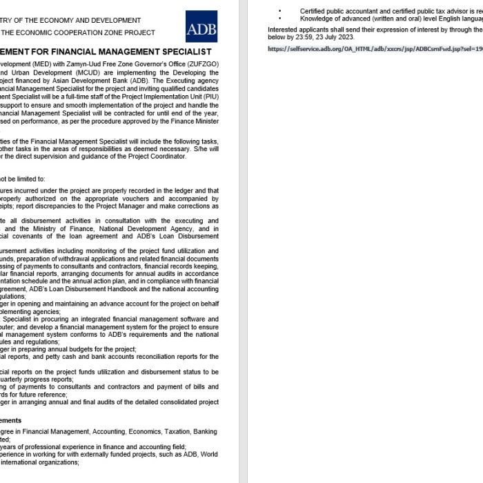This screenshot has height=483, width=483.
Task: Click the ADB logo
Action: click(x=201, y=26)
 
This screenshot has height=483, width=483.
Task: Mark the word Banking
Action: click(x=206, y=431)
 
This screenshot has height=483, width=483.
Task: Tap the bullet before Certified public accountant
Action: click(x=280, y=11)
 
